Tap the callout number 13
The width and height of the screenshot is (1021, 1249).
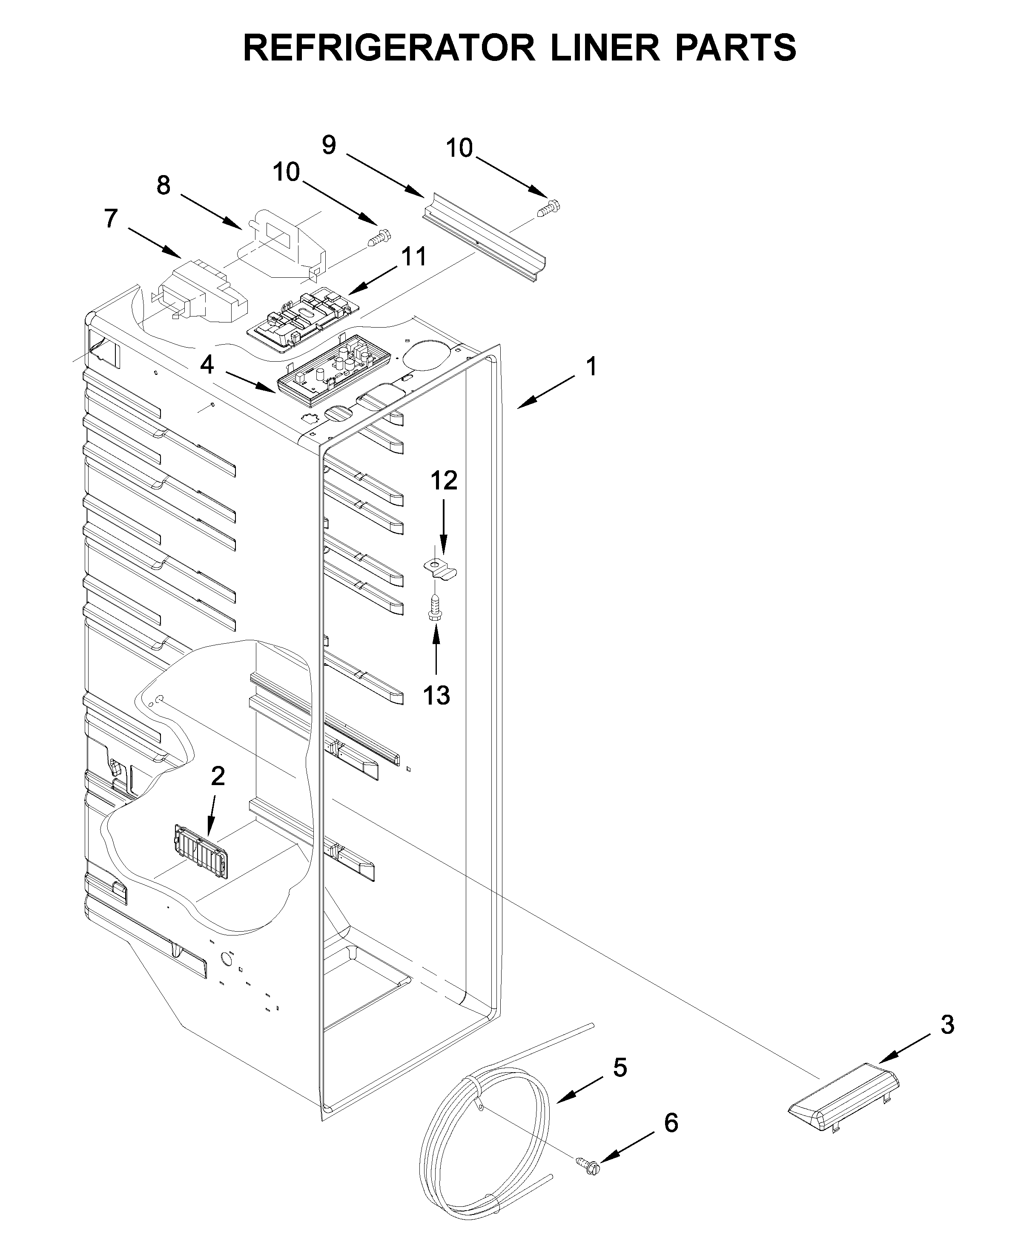pyautogui.click(x=436, y=695)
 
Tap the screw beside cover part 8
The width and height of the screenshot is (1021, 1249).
pyautogui.click(x=379, y=237)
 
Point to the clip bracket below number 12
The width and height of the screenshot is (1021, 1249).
pyautogui.click(x=441, y=569)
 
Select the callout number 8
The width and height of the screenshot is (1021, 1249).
pyautogui.click(x=163, y=185)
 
